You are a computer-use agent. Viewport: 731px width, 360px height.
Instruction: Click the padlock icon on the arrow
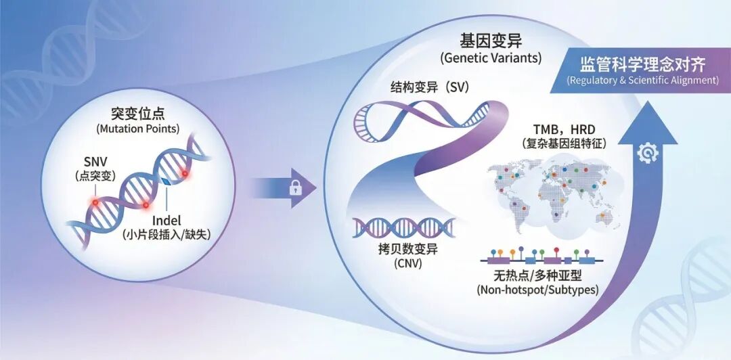click(x=295, y=188)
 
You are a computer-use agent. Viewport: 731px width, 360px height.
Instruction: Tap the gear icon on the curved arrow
click(x=648, y=152)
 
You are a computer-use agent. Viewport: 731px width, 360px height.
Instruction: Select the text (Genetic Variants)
click(x=491, y=59)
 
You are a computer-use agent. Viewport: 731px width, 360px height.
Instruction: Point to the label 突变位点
click(x=137, y=113)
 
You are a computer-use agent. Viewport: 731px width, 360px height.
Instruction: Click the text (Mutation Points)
click(x=137, y=129)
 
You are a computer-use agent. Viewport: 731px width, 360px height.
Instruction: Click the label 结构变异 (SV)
click(x=430, y=87)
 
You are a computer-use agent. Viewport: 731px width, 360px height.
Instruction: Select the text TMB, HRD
click(x=564, y=129)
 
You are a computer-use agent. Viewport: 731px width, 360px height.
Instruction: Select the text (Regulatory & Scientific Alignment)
click(x=642, y=81)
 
